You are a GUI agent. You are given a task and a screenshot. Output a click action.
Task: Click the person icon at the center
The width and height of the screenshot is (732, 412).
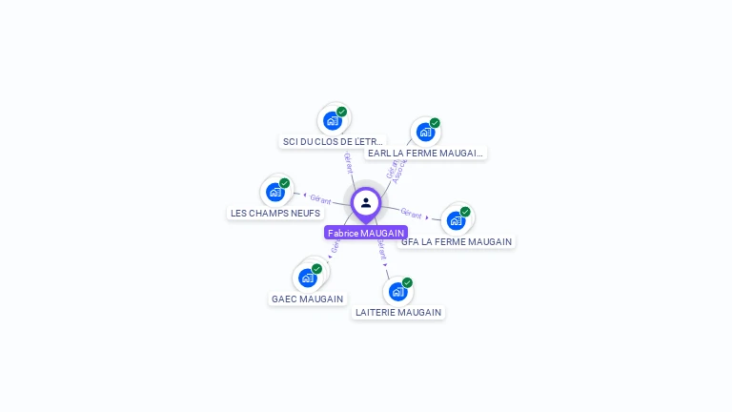click(x=366, y=202)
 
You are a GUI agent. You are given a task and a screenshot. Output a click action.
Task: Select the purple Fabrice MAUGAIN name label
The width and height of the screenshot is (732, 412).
click(x=366, y=233)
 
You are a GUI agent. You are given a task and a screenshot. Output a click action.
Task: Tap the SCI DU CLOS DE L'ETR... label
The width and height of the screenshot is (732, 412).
click(x=333, y=141)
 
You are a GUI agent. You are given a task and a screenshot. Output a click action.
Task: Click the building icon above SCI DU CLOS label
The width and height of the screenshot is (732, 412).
click(x=332, y=121)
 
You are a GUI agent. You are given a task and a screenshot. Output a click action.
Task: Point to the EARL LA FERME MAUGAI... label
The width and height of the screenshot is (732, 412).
click(x=425, y=153)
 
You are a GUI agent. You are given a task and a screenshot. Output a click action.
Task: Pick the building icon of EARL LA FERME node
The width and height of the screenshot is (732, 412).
click(x=424, y=133)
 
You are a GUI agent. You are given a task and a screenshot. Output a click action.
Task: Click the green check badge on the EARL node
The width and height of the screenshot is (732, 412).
click(x=435, y=123)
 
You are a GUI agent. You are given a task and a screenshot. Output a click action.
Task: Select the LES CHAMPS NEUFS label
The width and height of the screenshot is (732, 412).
click(x=275, y=213)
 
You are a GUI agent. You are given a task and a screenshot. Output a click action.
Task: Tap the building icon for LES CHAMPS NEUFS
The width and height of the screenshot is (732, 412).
click(x=274, y=193)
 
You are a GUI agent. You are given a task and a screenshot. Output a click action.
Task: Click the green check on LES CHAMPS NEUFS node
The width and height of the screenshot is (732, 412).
click(x=284, y=183)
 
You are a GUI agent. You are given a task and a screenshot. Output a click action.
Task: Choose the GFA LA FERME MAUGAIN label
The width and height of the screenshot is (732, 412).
click(x=457, y=241)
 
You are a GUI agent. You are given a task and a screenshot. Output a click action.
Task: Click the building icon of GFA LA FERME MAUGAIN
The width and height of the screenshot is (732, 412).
click(x=456, y=221)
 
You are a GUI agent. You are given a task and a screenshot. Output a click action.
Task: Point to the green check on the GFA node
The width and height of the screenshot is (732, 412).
click(x=465, y=212)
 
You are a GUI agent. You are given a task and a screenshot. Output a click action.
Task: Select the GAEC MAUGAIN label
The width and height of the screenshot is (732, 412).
click(x=307, y=299)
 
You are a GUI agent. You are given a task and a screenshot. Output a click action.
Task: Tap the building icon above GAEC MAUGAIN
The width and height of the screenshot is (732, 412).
click(x=307, y=278)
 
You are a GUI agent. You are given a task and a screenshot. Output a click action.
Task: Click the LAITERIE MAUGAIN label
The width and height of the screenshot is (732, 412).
click(x=398, y=312)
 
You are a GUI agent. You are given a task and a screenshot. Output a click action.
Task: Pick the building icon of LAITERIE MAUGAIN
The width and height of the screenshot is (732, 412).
click(x=397, y=292)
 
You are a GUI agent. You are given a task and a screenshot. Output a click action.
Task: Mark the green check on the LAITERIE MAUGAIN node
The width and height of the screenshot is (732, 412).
click(x=407, y=282)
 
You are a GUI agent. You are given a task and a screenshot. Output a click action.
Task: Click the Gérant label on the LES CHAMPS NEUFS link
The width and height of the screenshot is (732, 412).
click(x=320, y=199)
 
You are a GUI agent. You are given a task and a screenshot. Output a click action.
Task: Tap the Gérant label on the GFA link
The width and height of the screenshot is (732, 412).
click(x=411, y=214)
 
